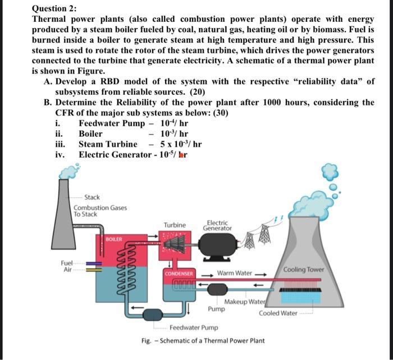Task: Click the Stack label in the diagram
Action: [x=92, y=197]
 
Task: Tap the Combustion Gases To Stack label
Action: [x=100, y=211]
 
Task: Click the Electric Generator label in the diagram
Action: [x=217, y=225]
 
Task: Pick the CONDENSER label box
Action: [x=180, y=274]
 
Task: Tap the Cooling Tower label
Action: [x=304, y=269]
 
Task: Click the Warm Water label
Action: [x=235, y=273]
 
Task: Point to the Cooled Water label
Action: [x=278, y=313]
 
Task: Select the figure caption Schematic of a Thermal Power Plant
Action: [x=212, y=340]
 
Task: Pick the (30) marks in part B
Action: [x=217, y=113]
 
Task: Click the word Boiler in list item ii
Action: [x=90, y=133]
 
